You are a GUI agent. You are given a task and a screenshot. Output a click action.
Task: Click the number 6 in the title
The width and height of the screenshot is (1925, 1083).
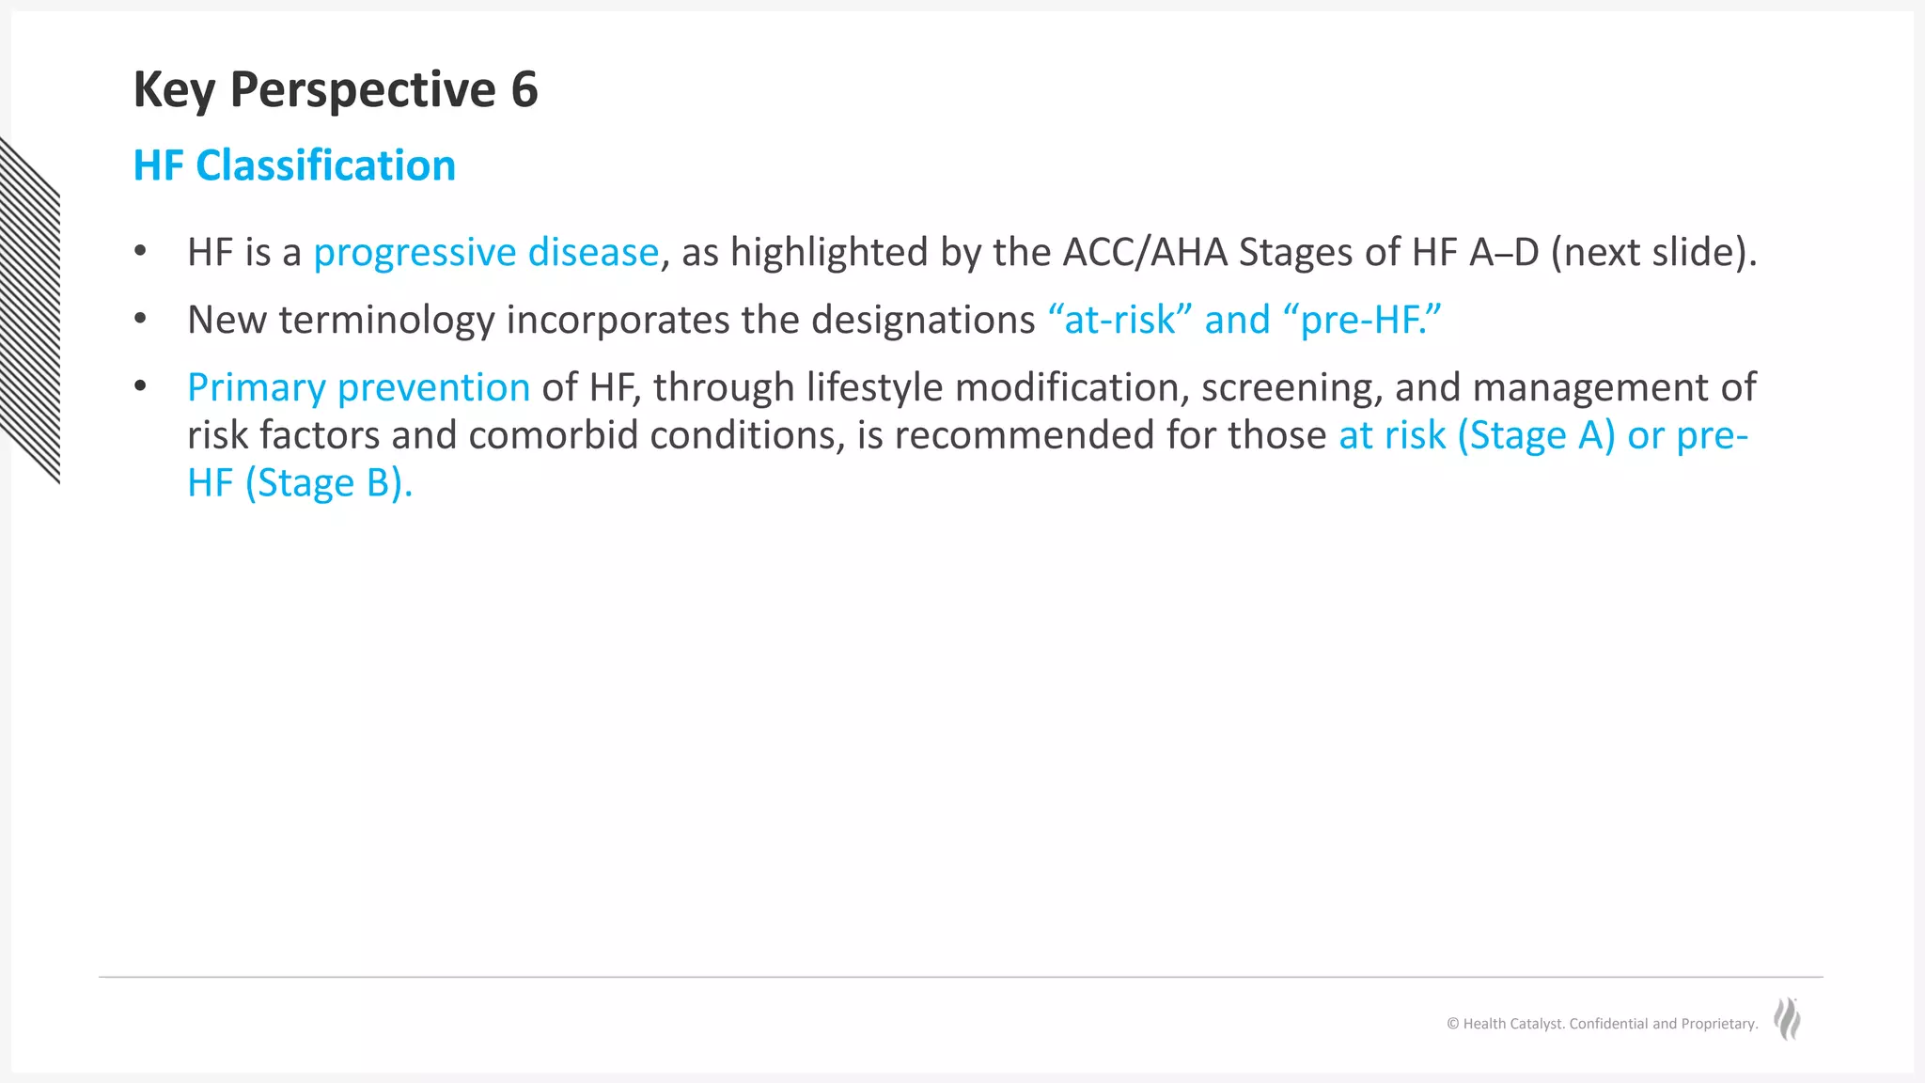[x=524, y=90]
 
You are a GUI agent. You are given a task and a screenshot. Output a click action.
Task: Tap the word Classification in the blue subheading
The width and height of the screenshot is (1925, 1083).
[x=325, y=165]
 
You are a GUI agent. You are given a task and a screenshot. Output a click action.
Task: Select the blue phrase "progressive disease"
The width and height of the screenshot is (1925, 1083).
[x=486, y=252]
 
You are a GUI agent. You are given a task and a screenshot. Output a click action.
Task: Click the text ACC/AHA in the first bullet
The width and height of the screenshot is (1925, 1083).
[x=1145, y=252]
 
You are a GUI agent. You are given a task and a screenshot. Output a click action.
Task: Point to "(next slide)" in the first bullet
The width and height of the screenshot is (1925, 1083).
[x=1652, y=252]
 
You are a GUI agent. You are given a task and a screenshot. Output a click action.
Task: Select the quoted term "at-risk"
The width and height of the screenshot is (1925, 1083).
[x=1119, y=320]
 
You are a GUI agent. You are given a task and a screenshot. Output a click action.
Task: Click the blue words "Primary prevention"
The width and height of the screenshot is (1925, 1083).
[x=358, y=387]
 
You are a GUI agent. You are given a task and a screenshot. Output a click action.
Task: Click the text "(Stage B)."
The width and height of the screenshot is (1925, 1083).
[x=328, y=483]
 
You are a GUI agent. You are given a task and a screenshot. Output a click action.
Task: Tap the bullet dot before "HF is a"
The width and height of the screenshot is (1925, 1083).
[x=140, y=251]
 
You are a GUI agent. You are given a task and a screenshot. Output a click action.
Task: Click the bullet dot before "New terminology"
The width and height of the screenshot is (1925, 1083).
[x=140, y=319]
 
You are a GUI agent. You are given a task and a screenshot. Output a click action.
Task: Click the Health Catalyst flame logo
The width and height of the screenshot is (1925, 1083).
[x=1787, y=1019]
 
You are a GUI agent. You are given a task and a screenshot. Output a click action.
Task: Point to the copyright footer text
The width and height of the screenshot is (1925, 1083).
[x=1602, y=1024]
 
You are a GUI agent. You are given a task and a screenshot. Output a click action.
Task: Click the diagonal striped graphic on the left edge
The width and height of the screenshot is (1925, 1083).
[x=30, y=310]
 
